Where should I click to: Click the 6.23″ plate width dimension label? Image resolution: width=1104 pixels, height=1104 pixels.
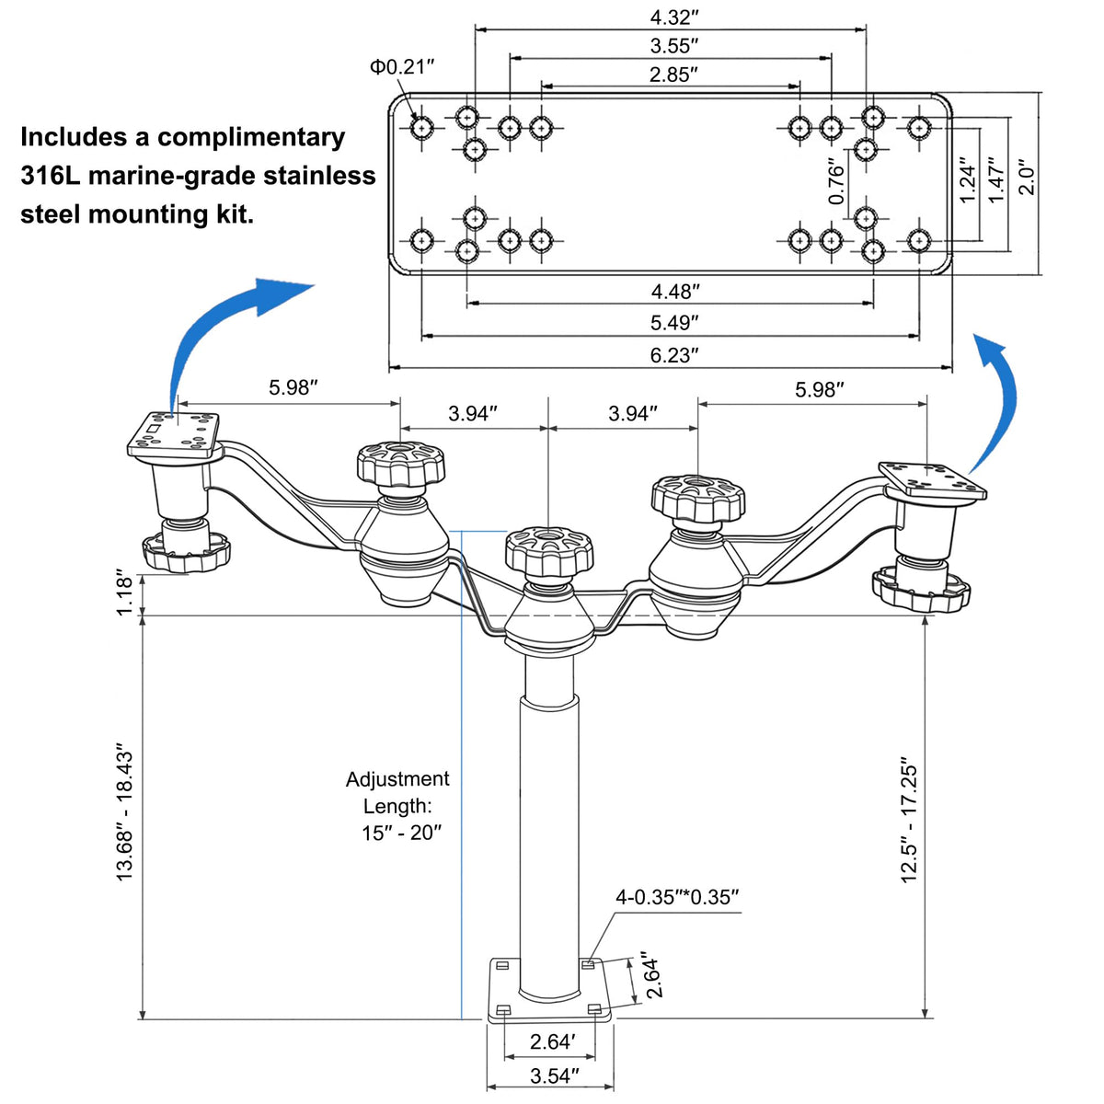pyautogui.click(x=673, y=355)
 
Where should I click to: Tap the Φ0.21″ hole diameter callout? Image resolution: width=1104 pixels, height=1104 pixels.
pyautogui.click(x=402, y=67)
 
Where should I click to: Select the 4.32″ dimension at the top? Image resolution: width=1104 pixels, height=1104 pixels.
pyautogui.click(x=674, y=17)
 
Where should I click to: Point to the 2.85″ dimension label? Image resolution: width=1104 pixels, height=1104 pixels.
pyautogui.click(x=673, y=75)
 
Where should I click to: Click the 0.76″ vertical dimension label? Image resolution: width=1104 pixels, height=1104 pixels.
pyautogui.click(x=837, y=183)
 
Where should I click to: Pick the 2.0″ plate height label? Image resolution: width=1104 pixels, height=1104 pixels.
pyautogui.click(x=1028, y=180)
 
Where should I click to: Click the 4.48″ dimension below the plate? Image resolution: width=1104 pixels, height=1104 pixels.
pyautogui.click(x=675, y=292)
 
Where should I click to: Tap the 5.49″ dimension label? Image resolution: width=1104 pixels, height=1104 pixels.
pyautogui.click(x=674, y=323)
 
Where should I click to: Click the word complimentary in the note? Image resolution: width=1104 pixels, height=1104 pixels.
pyautogui.click(x=251, y=137)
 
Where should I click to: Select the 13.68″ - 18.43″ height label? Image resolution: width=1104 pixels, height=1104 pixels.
pyautogui.click(x=124, y=813)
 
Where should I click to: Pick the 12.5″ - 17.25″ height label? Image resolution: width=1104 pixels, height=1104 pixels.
pyautogui.click(x=909, y=823)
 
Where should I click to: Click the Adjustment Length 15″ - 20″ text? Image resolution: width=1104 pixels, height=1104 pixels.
pyautogui.click(x=397, y=806)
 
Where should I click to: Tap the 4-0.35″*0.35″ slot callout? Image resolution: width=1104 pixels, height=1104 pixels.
pyautogui.click(x=677, y=897)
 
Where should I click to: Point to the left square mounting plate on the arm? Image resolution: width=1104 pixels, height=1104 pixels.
pyautogui.click(x=174, y=434)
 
